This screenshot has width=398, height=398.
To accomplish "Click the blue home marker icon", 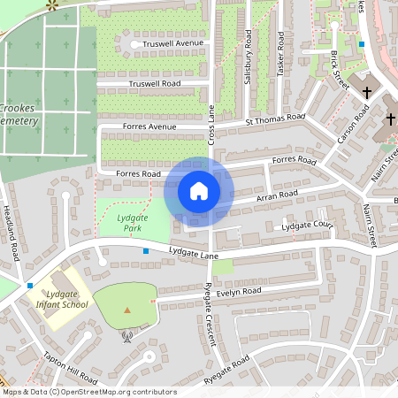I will [199, 191].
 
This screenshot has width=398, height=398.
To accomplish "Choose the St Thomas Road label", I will [275, 117].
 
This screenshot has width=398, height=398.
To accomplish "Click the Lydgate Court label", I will [306, 227].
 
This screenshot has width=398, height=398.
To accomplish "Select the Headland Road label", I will [12, 239].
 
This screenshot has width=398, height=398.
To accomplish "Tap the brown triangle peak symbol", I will [127, 310].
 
